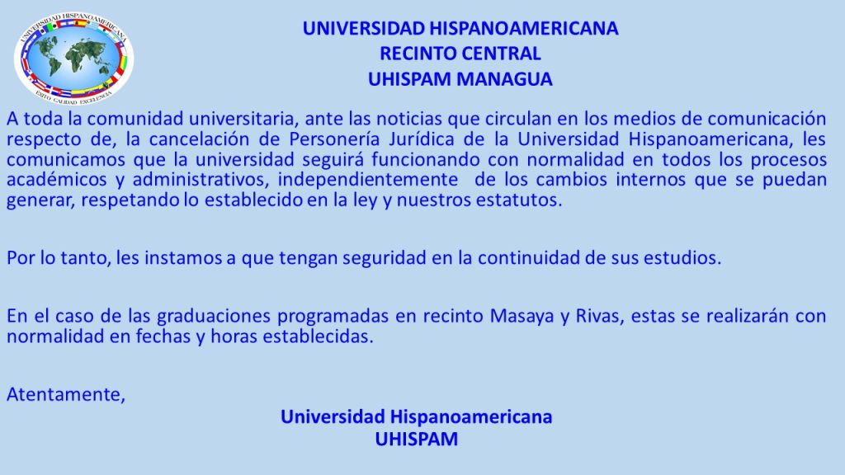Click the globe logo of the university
tap(73, 59)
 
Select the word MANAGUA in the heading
tap(506, 79)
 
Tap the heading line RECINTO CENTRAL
tap(460, 54)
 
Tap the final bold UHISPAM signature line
tap(417, 439)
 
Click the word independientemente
tap(367, 180)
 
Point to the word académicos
tap(57, 179)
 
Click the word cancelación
tap(200, 139)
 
